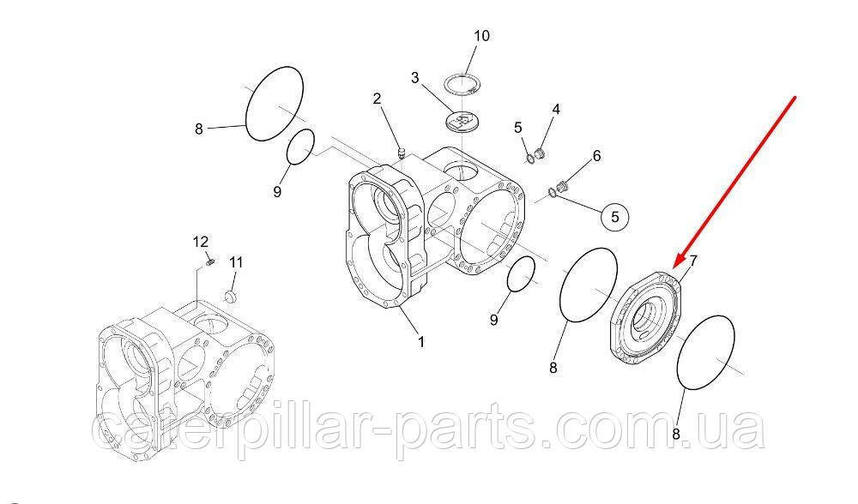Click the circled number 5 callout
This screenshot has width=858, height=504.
point(614,217)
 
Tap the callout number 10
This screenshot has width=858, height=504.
point(481,36)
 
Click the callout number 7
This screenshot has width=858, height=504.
point(693,261)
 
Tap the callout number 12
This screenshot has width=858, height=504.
point(200,241)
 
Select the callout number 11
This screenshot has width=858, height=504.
point(236,262)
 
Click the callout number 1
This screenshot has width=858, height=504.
point(421,342)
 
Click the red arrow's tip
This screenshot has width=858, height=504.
point(674,267)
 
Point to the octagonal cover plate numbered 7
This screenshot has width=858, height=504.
point(646,318)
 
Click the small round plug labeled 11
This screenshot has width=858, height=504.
point(230,296)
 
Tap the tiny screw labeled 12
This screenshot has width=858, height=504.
point(209,263)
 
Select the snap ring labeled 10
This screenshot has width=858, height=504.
point(462,83)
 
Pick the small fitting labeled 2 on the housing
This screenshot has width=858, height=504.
point(401,153)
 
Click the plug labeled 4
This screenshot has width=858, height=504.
point(539,153)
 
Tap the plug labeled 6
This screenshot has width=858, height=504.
point(561,187)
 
